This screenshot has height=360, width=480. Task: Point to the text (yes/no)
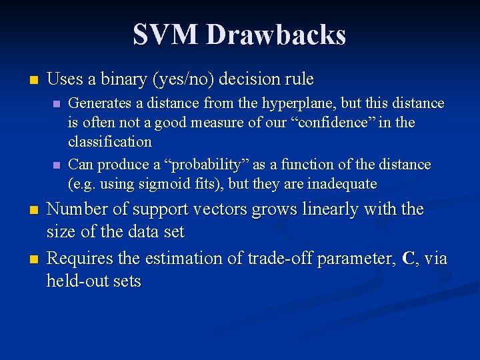(x=185, y=79)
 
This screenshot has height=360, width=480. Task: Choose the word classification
(x=110, y=141)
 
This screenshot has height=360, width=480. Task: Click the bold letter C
(x=410, y=259)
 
